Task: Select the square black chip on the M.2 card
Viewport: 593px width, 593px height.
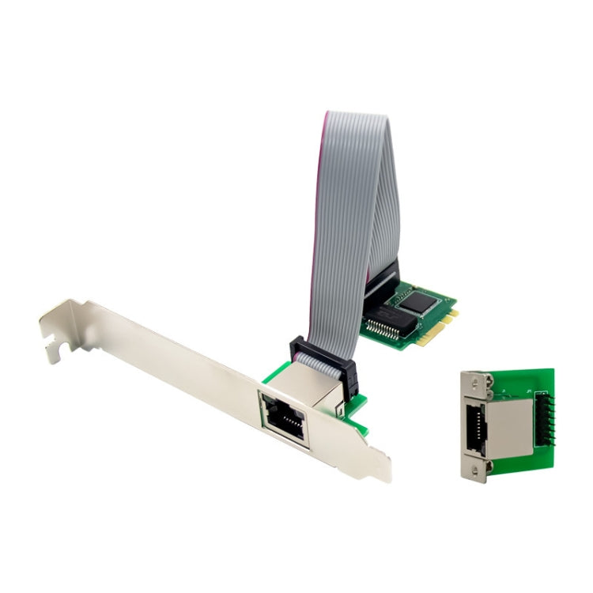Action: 415,301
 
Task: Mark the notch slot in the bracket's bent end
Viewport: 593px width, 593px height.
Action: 53,346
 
